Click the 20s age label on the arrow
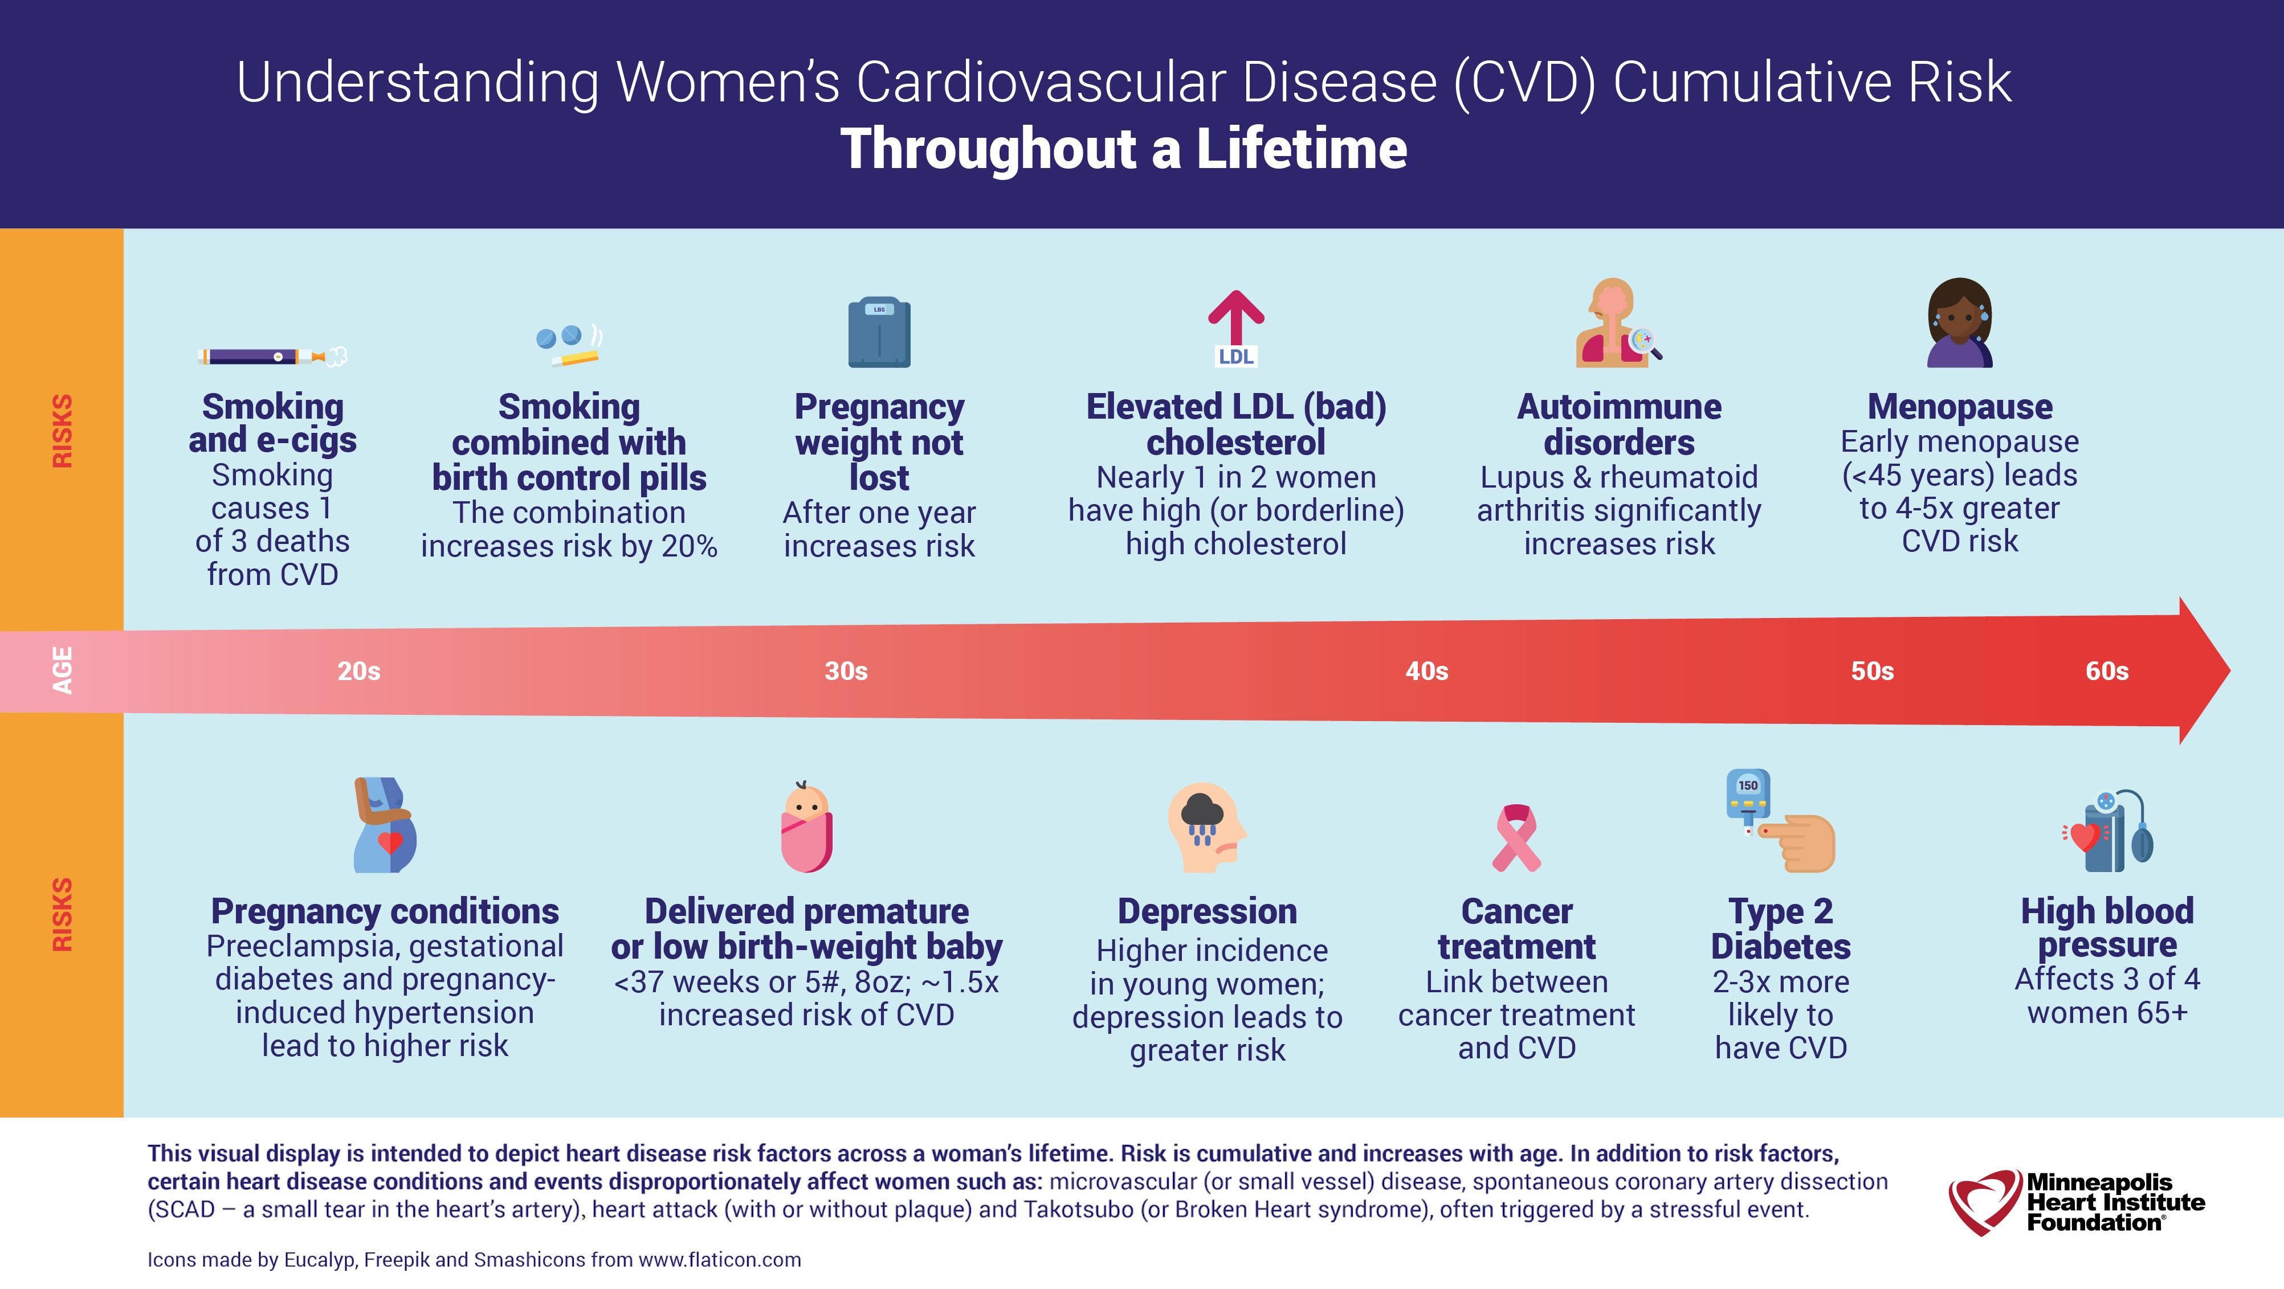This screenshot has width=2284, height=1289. [x=358, y=671]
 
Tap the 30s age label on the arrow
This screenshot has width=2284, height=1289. [x=846, y=671]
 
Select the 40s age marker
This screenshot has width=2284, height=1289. [x=1426, y=671]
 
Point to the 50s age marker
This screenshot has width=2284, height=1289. [x=1872, y=671]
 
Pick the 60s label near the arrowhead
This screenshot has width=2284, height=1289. [x=2107, y=671]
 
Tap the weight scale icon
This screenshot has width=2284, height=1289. [x=879, y=332]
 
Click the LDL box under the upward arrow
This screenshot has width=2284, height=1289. [x=1236, y=357]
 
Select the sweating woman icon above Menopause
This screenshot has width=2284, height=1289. [x=1960, y=323]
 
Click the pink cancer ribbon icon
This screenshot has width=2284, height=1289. [x=1516, y=838]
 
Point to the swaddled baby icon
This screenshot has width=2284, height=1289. [x=806, y=827]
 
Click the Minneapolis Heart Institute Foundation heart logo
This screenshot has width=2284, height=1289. [x=1984, y=1202]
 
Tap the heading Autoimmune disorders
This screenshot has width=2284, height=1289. [x=1619, y=424]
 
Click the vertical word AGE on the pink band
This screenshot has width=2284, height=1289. [x=62, y=671]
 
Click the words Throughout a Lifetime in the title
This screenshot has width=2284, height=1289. [x=1123, y=148]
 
